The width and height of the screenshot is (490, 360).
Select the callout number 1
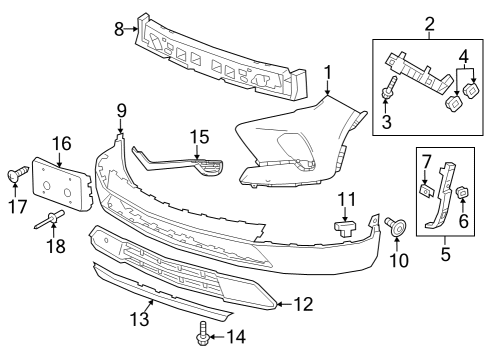click(327, 72)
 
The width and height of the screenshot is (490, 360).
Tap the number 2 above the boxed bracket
click(429, 23)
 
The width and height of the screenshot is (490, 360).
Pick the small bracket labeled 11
click(345, 227)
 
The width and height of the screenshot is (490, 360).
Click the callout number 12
click(304, 302)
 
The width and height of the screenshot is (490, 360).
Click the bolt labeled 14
click(204, 329)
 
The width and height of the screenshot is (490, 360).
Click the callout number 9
click(121, 109)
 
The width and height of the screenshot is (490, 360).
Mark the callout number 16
click(62, 144)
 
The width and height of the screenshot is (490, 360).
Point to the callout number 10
click(399, 261)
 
